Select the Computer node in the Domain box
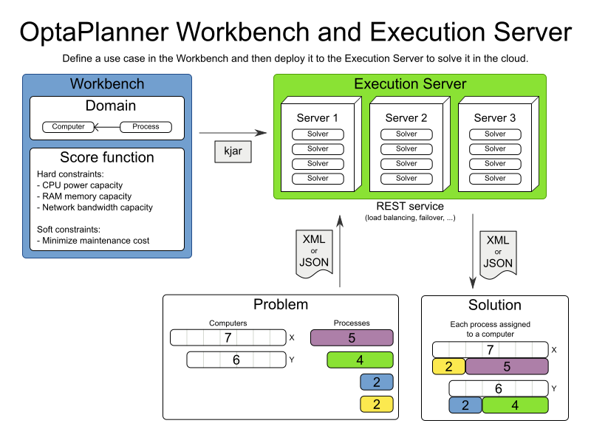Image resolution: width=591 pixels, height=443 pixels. (x=68, y=126)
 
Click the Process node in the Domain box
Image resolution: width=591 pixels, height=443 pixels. (x=146, y=126)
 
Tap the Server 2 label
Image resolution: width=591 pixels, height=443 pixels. (x=406, y=118)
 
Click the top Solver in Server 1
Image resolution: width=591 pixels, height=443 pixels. (x=318, y=134)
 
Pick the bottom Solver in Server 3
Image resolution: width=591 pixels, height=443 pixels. (x=495, y=179)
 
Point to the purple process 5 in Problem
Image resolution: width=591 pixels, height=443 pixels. (x=352, y=338)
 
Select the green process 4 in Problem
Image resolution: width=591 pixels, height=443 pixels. (x=360, y=360)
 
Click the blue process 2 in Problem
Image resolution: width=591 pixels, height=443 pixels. (x=376, y=382)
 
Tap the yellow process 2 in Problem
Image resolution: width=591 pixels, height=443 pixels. (x=376, y=404)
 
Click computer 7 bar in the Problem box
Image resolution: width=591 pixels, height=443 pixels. (x=228, y=338)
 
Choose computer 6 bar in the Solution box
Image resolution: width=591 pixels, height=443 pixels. (x=498, y=388)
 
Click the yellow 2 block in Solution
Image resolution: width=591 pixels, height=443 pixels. (x=448, y=366)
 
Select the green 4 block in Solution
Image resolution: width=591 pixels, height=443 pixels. (x=515, y=405)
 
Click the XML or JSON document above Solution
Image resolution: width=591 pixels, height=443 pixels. (x=497, y=253)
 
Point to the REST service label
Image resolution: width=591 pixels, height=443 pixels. (x=410, y=206)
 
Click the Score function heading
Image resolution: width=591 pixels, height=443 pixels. (x=107, y=157)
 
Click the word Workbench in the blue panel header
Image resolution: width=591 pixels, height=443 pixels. (x=107, y=83)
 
